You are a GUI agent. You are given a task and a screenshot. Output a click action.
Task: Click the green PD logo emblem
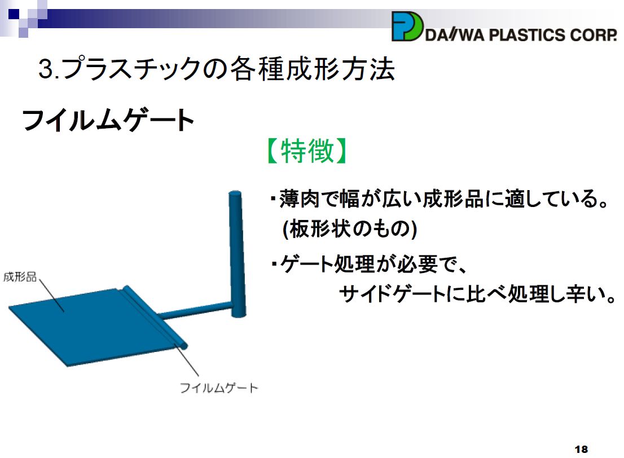pos(407,27)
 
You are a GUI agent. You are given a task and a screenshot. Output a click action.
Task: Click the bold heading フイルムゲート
pos(108,120)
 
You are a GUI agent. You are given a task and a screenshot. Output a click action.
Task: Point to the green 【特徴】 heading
pos(307,151)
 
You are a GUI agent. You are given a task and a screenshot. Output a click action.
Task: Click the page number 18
pos(581,449)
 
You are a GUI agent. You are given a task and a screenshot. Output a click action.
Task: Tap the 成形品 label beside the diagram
pos(20,276)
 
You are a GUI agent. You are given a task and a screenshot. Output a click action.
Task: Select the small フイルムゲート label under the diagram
pos(219,387)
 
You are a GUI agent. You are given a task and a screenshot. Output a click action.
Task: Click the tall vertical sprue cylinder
pos(237,253)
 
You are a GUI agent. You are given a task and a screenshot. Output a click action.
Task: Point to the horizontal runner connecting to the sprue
pos(195,310)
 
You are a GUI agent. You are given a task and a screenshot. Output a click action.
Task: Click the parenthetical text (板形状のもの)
pos(349,229)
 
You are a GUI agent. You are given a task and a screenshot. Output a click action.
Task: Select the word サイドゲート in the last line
pos(392,294)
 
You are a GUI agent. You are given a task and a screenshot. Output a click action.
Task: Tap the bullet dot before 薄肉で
pos(273,198)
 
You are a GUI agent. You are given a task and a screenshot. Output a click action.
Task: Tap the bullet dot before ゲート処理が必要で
pos(274,264)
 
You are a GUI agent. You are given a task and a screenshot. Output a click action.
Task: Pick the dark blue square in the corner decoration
pos(14,14)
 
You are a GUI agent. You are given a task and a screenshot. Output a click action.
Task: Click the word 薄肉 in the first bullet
pos(300,199)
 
